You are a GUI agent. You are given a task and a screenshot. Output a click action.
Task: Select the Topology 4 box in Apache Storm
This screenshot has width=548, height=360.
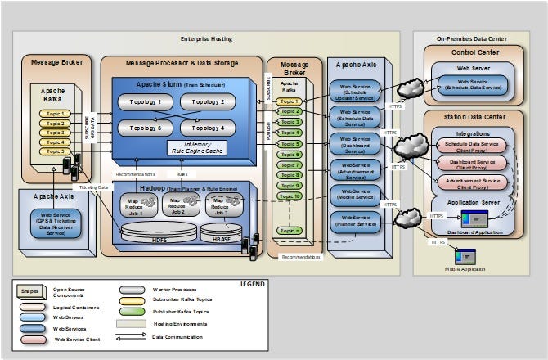(207, 128)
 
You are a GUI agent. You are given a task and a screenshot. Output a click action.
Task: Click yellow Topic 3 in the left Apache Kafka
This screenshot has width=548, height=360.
(54, 133)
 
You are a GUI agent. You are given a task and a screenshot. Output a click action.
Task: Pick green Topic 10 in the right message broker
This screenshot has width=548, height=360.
(289, 196)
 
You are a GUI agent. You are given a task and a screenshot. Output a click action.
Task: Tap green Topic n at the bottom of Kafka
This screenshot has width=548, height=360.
(289, 231)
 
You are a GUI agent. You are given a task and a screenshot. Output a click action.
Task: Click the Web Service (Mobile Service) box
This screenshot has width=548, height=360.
(354, 195)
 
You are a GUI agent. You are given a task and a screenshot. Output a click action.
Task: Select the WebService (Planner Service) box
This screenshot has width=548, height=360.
(354, 221)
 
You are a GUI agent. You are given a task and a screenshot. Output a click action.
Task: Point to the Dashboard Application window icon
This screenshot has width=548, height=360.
(475, 219)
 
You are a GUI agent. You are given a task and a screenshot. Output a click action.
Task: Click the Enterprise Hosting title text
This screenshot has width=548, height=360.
(206, 38)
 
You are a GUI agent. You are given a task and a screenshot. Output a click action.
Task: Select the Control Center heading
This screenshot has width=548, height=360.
(473, 53)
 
